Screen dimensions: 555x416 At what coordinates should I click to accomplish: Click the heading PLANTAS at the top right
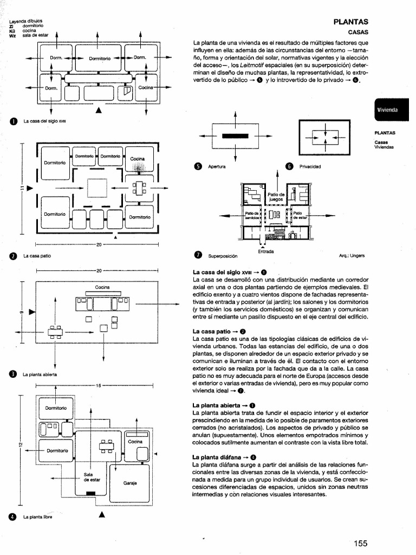click(350, 22)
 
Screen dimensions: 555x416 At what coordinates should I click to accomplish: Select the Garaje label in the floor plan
click(129, 482)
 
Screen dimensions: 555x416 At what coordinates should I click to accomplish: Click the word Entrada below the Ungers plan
click(265, 251)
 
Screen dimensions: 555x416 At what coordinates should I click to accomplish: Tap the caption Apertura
click(217, 166)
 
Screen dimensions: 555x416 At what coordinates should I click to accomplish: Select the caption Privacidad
click(310, 166)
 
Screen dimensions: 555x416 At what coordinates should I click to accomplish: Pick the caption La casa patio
click(37, 255)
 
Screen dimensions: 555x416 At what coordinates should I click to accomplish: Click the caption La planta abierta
click(41, 374)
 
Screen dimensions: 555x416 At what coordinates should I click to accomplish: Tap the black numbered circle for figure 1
click(12, 121)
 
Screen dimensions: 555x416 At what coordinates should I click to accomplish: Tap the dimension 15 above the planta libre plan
click(99, 386)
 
